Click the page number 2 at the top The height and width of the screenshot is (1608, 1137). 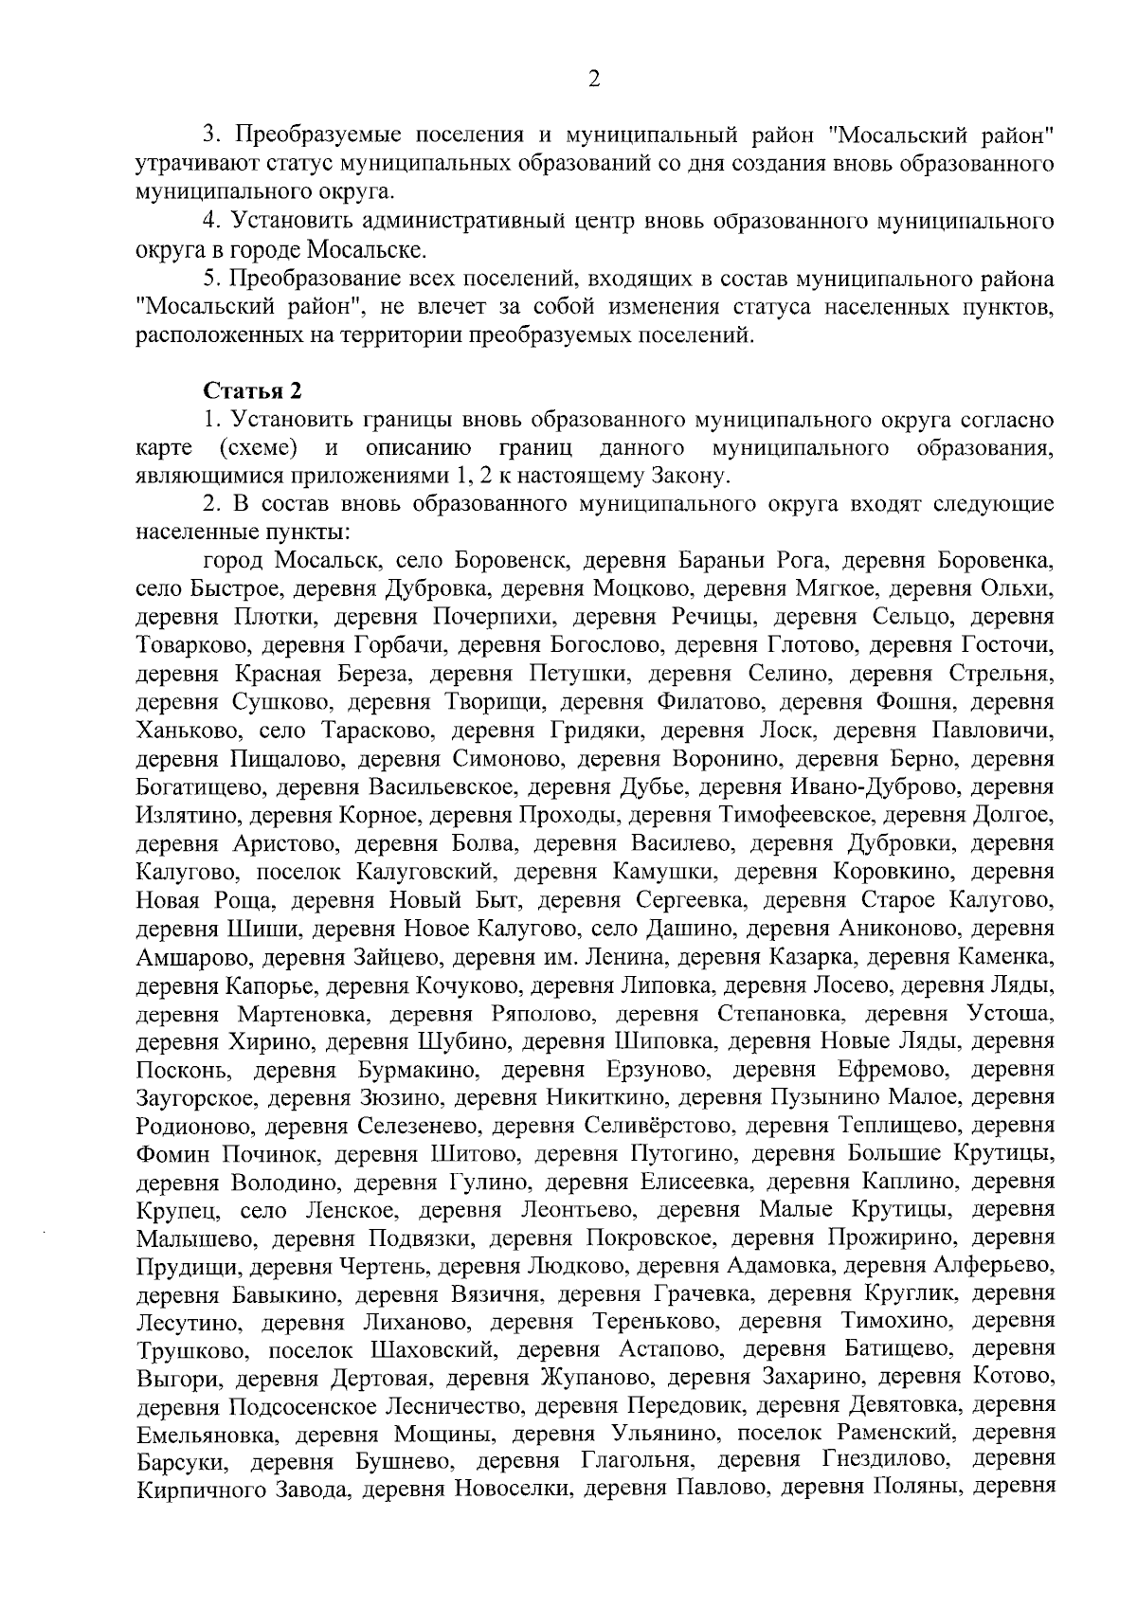(x=594, y=80)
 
